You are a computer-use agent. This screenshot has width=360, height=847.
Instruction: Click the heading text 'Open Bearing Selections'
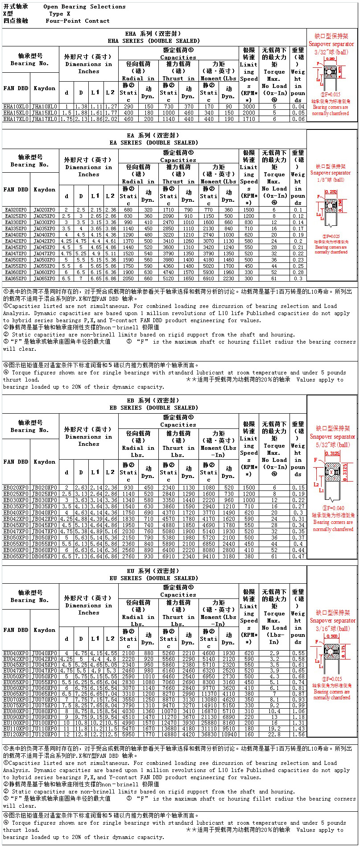click(x=84, y=7)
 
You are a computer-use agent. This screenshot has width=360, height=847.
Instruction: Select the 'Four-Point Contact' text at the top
click(x=77, y=21)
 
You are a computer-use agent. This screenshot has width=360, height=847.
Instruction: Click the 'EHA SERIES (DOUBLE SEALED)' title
click(x=153, y=41)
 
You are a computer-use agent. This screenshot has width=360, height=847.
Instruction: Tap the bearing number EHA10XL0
click(x=16, y=107)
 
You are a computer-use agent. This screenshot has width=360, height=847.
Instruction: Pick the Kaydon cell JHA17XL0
click(x=45, y=119)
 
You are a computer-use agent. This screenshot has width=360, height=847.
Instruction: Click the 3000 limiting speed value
click(x=249, y=107)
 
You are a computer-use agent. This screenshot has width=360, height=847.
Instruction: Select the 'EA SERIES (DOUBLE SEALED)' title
click(x=153, y=143)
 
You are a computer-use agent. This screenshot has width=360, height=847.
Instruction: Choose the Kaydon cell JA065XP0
click(x=45, y=278)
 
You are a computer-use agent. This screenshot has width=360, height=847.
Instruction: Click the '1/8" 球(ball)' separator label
click(x=331, y=180)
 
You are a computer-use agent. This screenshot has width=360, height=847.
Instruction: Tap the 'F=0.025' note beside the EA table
click(x=331, y=237)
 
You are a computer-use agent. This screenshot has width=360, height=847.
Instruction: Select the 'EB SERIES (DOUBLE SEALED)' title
click(x=153, y=408)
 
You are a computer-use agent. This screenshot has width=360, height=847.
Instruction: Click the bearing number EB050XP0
click(x=16, y=538)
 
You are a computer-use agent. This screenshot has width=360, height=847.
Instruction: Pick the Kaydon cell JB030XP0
click(x=45, y=500)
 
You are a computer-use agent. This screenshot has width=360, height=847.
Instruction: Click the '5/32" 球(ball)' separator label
click(x=333, y=445)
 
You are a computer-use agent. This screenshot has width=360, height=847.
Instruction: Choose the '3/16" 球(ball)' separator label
click(x=333, y=629)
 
